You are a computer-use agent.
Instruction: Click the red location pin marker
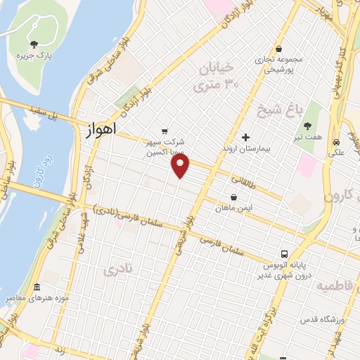(181, 166)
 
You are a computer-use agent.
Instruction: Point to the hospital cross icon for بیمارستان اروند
(245, 137)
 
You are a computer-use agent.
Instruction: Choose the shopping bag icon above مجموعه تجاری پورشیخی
(280, 49)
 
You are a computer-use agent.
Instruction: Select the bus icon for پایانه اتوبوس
(284, 252)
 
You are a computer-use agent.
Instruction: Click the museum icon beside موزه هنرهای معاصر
(37, 288)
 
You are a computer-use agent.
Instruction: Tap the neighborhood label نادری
(117, 269)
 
